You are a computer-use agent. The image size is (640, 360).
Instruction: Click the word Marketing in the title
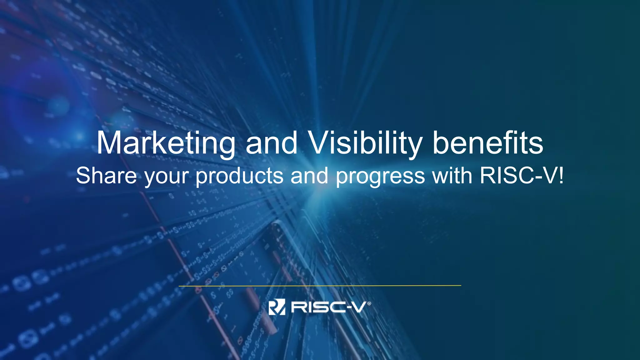(166, 143)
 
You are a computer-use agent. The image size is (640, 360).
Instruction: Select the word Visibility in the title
(365, 143)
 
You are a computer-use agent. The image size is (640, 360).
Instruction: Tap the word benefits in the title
(488, 143)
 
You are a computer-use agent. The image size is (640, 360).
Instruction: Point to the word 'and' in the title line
(271, 143)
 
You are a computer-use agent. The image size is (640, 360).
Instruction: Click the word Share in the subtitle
(106, 176)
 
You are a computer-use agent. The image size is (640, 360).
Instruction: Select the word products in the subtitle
(239, 176)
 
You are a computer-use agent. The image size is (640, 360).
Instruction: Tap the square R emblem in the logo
(277, 307)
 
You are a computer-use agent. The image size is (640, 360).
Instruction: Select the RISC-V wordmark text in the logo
(328, 307)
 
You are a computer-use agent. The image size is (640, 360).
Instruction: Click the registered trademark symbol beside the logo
(369, 303)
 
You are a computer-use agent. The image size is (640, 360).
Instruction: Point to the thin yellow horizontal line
(320, 286)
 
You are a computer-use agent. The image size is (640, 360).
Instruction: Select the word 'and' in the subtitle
(309, 176)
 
